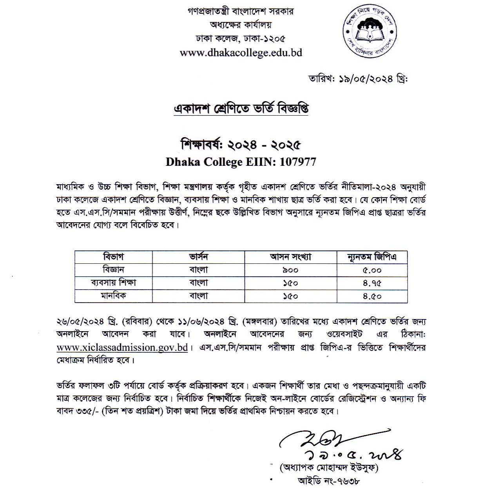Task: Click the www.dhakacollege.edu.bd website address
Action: (241, 53)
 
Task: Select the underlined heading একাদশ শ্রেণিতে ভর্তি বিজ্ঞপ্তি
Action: (241, 109)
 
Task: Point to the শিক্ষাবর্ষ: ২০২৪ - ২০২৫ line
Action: (241, 145)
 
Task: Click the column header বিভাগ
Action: (114, 257)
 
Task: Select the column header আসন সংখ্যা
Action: (290, 257)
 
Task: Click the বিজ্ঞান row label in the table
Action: (114, 270)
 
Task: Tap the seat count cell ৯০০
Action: (290, 270)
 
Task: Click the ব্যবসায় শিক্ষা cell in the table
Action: (114, 283)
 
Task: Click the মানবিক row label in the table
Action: (114, 296)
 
